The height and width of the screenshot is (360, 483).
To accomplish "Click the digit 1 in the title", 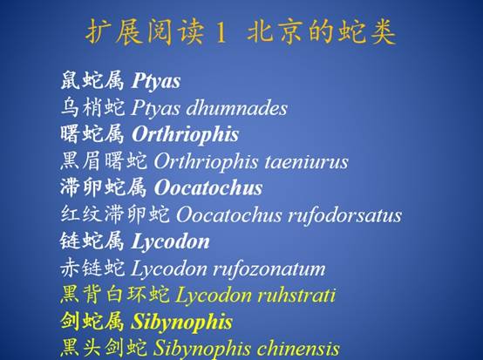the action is tap(221, 32).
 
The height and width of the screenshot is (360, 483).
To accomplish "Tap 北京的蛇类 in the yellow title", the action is tap(322, 32).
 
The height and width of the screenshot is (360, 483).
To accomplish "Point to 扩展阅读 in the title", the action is tap(145, 32).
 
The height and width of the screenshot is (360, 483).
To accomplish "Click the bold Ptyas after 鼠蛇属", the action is tap(156, 81).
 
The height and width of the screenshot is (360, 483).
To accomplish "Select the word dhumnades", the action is tap(236, 108).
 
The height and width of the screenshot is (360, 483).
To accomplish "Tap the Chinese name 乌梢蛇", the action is tap(92, 108).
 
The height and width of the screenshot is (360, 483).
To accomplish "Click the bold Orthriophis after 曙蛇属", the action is tap(185, 134).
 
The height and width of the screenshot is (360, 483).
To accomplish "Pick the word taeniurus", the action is tap(306, 161).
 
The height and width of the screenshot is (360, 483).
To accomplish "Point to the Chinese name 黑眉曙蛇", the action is tap(104, 161).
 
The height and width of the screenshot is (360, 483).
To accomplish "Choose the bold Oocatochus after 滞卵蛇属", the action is tap(208, 188).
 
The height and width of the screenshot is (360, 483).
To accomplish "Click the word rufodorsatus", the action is tap(344, 215).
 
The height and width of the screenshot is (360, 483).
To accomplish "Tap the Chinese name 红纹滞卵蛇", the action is tap(114, 214).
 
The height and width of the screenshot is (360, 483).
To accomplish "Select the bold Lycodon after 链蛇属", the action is tap(170, 241).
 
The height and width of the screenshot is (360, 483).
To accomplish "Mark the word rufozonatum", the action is tap(269, 268).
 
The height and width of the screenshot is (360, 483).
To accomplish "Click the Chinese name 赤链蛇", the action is tap(92, 268).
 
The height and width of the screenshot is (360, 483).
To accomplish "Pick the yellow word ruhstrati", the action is tap(296, 295).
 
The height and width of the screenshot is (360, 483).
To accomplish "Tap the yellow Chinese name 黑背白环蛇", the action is tap(114, 295).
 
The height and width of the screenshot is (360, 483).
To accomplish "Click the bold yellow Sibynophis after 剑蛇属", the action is tap(181, 323).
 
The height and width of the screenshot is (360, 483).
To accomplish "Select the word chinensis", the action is tap(298, 349).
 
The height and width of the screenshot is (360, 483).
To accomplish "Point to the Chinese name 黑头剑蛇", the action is tap(104, 349).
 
